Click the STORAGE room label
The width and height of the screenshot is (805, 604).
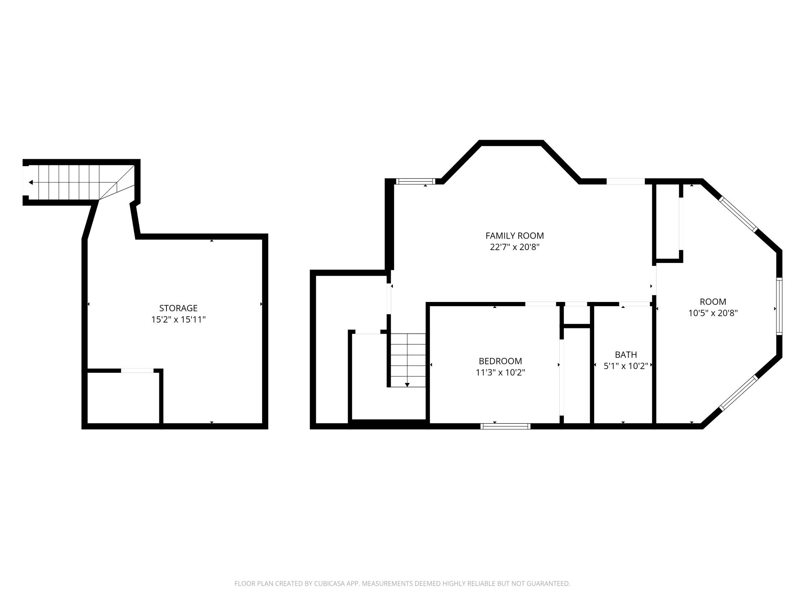pos(178,308)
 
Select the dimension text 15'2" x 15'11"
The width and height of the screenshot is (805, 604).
pos(178,320)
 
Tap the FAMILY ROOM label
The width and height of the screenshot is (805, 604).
pos(514,236)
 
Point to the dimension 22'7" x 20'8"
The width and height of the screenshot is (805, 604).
pos(514,247)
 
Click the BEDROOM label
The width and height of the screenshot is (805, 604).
pos(500,361)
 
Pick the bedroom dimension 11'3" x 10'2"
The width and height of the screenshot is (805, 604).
pos(500,372)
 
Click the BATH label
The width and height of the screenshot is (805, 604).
pos(626,355)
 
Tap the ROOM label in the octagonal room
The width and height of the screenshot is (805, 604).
pos(713,302)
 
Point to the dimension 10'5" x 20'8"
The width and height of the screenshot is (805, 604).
pos(713,313)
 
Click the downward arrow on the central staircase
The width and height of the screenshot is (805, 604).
pos(407,384)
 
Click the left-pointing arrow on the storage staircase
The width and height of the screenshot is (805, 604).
pos(31,182)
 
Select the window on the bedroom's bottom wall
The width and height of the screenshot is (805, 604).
pos(505,426)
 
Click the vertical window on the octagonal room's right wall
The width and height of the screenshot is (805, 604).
pos(779,306)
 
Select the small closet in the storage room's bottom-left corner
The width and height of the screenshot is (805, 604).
pos(123,398)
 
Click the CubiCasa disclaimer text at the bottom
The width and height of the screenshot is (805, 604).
pos(402,583)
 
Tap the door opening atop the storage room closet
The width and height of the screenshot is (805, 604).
pos(137,370)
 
